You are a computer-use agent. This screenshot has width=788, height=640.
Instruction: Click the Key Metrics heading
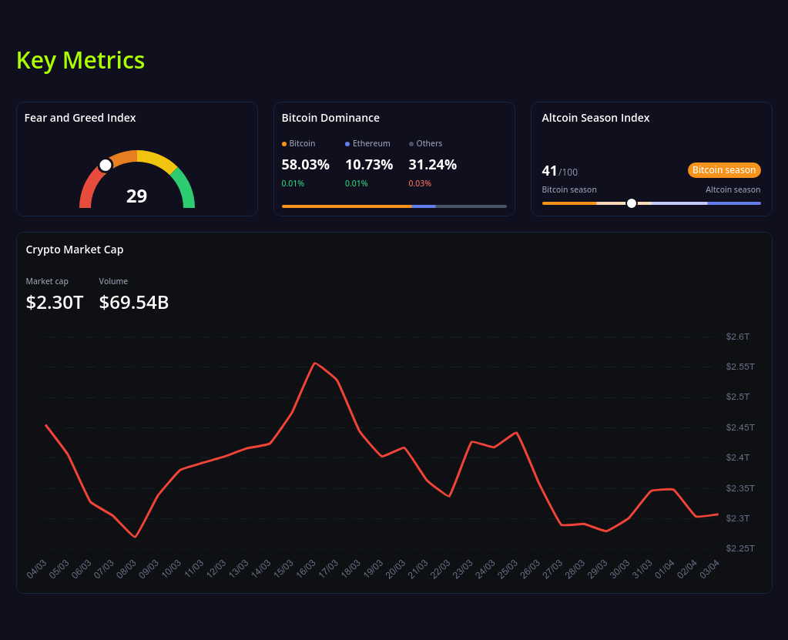tap(80, 60)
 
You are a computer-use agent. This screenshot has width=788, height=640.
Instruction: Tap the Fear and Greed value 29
tap(136, 196)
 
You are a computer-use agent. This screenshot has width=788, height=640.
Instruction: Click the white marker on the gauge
tap(106, 165)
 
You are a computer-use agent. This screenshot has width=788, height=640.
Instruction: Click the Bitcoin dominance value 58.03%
tap(305, 165)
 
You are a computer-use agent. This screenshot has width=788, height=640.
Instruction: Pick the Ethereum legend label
tap(371, 143)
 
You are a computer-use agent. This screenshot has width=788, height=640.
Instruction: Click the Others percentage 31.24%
tap(432, 165)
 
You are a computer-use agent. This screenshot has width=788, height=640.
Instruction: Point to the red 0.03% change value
tap(420, 183)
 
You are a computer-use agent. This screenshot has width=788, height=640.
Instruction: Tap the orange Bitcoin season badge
tap(723, 170)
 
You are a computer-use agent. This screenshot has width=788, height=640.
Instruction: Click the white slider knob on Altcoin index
tap(632, 203)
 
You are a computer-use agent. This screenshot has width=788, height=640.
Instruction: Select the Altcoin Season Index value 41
tap(549, 171)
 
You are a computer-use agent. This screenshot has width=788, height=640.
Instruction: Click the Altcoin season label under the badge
tap(733, 189)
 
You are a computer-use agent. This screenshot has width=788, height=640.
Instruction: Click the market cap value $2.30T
tap(55, 303)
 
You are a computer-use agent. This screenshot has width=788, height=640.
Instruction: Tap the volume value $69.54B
tap(134, 303)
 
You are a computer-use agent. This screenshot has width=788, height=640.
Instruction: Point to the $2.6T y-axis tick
tap(737, 337)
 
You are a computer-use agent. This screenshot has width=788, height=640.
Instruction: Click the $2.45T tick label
tap(739, 427)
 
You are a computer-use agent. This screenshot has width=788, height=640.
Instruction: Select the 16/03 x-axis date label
tap(306, 569)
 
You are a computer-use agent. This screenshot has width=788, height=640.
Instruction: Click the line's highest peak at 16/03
tap(314, 363)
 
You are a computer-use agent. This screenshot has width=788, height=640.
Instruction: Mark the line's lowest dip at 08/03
tap(136, 537)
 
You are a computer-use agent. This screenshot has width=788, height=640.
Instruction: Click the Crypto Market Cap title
tap(75, 250)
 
